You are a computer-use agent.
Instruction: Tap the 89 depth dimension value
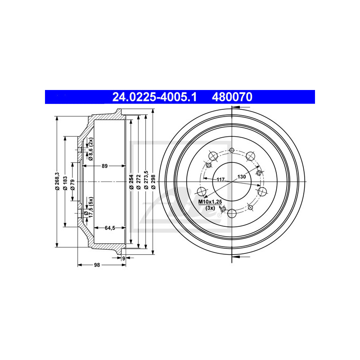click(104, 166)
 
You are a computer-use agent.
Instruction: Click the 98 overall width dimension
click(97, 265)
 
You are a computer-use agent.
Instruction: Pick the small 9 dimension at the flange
click(124, 258)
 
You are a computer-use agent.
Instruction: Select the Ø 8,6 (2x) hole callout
click(90, 149)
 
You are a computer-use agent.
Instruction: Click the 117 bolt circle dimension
click(220, 180)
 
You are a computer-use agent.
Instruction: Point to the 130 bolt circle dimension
click(242, 176)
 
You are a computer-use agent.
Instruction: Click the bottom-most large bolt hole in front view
click(232, 213)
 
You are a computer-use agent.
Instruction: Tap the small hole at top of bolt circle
click(232, 150)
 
